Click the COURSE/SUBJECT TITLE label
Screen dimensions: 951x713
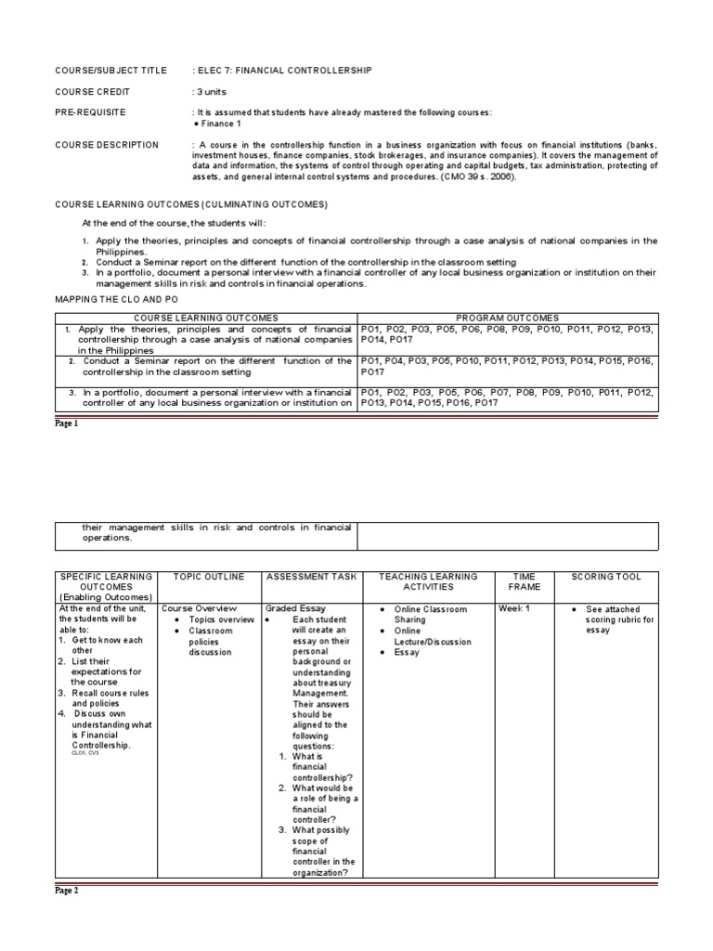pos(110,71)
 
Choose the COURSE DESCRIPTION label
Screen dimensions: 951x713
pos(107,145)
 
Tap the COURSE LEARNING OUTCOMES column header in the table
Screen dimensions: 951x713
pos(206,318)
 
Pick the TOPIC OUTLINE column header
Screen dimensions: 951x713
pos(209,577)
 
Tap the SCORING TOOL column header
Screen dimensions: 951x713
pos(606,577)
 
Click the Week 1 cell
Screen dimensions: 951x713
pos(513,608)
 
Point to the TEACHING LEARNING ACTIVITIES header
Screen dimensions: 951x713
pos(427,581)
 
